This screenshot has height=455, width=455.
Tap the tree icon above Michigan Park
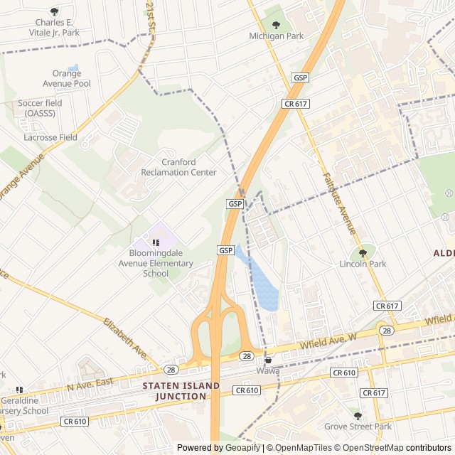click(277, 25)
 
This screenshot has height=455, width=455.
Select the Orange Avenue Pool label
click(72, 78)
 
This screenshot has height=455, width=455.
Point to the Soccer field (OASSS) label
click(40, 108)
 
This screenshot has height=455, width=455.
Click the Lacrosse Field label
click(50, 137)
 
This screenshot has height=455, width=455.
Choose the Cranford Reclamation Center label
click(178, 167)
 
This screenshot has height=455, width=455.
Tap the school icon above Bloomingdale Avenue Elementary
click(156, 242)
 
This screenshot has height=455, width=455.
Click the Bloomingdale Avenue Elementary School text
click(156, 263)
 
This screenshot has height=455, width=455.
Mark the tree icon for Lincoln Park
click(363, 252)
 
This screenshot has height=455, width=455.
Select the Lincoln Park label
click(363, 264)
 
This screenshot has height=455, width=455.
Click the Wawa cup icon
click(267, 360)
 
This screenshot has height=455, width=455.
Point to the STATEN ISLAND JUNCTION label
click(181, 391)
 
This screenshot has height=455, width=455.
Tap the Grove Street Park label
click(358, 427)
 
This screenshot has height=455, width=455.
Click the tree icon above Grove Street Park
click(358, 415)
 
